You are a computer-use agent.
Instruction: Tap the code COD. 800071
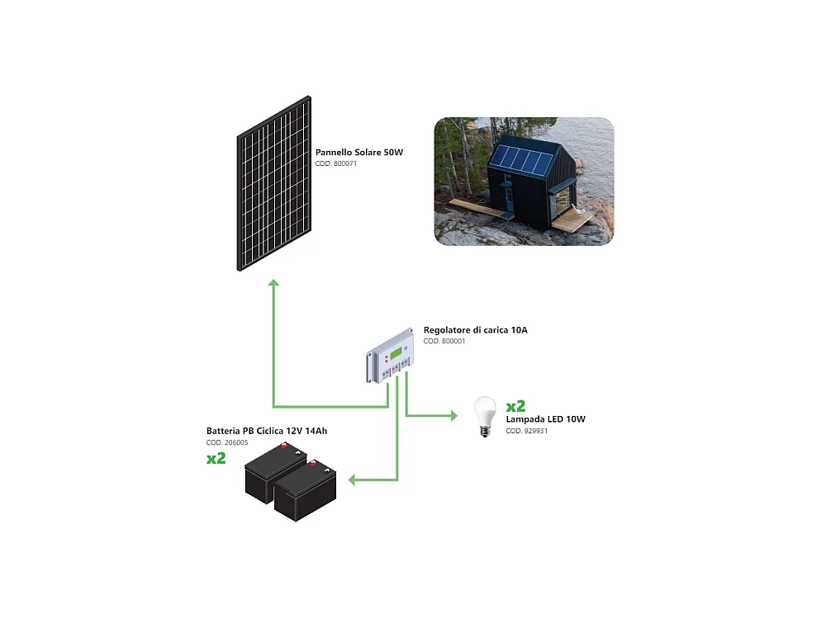(x=336, y=164)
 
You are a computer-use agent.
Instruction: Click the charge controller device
(x=392, y=356)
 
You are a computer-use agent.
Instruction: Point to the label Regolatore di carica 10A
(x=475, y=330)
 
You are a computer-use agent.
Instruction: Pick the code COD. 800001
(x=444, y=341)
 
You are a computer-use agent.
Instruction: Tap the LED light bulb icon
(x=484, y=416)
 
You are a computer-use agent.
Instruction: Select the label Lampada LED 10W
(x=545, y=419)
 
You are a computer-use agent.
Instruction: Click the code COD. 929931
(x=526, y=431)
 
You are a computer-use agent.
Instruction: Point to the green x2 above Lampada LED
(x=515, y=405)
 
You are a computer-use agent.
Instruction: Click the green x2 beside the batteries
(x=216, y=458)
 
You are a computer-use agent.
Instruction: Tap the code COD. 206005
(x=227, y=443)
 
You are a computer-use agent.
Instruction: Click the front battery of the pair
(x=306, y=493)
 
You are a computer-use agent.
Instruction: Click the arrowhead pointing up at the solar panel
(x=273, y=283)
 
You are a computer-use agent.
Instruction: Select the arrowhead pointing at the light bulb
(x=453, y=416)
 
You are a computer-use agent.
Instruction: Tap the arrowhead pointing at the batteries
(x=351, y=480)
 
